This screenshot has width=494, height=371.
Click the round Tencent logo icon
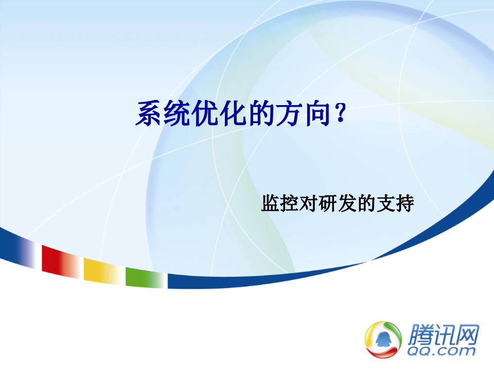coord(383,338)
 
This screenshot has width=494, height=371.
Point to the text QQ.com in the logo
coord(442,351)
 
